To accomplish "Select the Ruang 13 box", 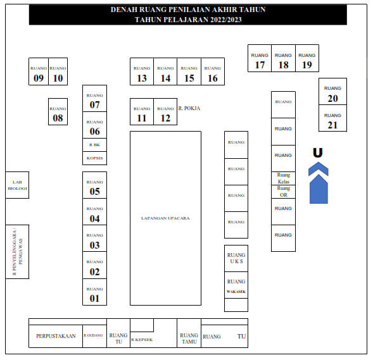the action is coord(142,71).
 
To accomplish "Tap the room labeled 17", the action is coord(260,58).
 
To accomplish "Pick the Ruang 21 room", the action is coord(332,118).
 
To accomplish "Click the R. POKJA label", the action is coord(189,108).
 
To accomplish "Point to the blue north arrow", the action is coord(319,183).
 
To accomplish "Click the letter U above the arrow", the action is coord(317,152).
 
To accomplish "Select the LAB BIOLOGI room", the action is coord(17,185).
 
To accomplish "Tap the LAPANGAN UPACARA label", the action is coord(165,218).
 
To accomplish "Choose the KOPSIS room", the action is coord(95,158).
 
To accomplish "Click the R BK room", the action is coord(95,145).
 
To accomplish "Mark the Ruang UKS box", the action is coord(236,259).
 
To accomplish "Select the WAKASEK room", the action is coord(236,285).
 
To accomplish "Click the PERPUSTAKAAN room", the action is coord(56,336).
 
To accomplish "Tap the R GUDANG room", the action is coord(95,336).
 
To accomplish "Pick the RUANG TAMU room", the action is coord(189,333).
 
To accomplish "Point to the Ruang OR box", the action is coord(283,192).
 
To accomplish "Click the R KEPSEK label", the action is coord(142,340).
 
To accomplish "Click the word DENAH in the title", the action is coord(124,9).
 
